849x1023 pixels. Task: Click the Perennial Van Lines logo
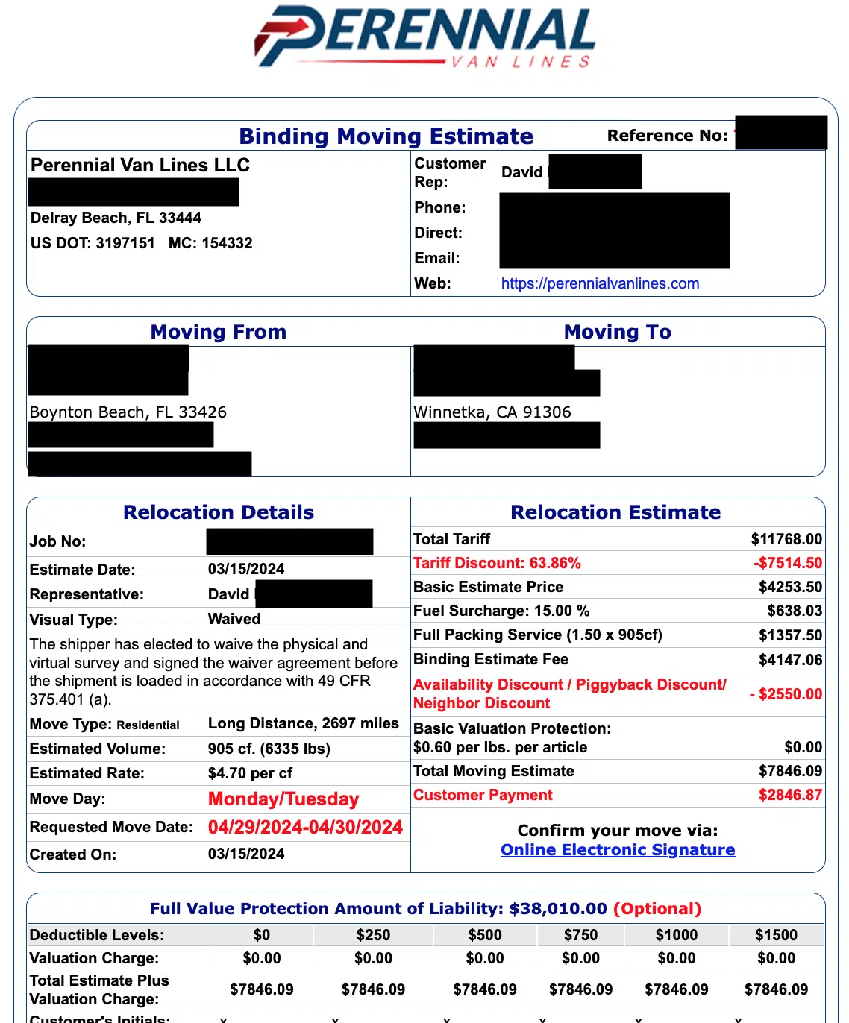[424, 37]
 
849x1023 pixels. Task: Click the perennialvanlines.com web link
[600, 283]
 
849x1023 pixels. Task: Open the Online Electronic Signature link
[618, 850]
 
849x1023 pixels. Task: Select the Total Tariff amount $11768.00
[786, 539]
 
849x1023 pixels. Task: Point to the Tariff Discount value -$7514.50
[787, 563]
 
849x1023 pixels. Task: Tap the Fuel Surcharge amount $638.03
[795, 611]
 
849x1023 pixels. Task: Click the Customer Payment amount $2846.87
[790, 795]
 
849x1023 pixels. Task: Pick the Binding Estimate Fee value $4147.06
[790, 659]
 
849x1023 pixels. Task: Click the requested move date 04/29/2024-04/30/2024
[305, 827]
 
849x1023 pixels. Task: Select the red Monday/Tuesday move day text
[283, 799]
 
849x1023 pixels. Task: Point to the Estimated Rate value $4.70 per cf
[250, 773]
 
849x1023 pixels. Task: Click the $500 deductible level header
[485, 935]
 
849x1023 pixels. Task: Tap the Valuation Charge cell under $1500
[776, 958]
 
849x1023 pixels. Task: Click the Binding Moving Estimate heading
[386, 136]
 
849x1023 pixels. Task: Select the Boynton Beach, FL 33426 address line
[128, 412]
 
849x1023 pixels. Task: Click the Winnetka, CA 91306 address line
[492, 412]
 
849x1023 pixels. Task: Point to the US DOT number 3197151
[125, 243]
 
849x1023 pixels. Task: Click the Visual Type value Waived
[234, 619]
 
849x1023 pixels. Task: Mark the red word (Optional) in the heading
[657, 909]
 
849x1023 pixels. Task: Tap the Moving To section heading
[617, 332]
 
